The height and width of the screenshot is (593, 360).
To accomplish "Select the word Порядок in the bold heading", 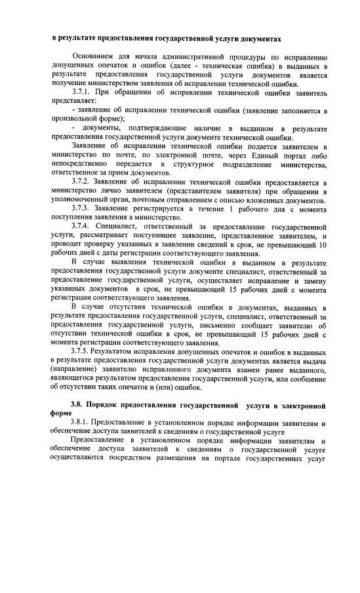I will point(108,405).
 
